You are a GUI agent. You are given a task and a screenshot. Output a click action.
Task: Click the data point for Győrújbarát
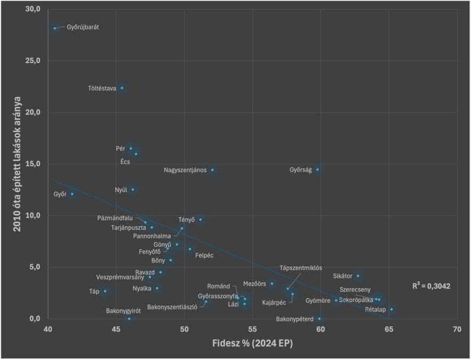(x=55, y=28)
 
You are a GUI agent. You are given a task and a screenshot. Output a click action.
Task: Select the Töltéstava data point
(x=122, y=88)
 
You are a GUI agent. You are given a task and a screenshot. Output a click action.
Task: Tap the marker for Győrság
(x=318, y=170)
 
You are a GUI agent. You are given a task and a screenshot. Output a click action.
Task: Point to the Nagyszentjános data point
(x=213, y=170)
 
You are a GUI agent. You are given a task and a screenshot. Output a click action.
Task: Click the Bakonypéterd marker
(x=319, y=319)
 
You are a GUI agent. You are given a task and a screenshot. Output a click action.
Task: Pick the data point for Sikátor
(x=358, y=276)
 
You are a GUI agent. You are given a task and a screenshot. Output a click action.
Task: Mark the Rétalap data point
(x=392, y=309)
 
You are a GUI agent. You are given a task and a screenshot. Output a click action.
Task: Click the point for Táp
(x=105, y=291)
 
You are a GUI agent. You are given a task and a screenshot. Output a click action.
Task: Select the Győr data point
(x=72, y=194)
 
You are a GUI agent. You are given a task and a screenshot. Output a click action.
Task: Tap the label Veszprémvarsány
(x=120, y=277)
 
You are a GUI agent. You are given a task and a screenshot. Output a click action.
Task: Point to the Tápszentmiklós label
(x=301, y=268)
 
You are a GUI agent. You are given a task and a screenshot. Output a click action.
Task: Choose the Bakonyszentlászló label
(x=172, y=307)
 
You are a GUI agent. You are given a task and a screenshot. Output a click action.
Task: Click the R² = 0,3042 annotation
(x=431, y=286)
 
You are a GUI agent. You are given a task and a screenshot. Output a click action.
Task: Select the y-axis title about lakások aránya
(x=17, y=164)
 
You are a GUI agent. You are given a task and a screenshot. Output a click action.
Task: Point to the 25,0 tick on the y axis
(x=33, y=61)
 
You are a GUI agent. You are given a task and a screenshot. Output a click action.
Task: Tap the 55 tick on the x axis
(x=253, y=330)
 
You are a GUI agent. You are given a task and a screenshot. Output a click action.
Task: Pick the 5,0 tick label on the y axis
(x=35, y=267)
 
